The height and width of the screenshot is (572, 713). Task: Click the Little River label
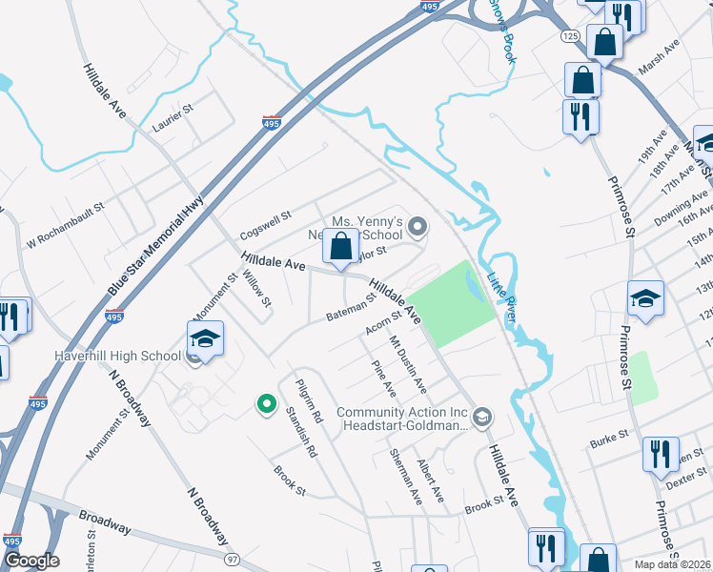(x=500, y=298)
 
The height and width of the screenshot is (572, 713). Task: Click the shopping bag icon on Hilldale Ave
(x=340, y=247)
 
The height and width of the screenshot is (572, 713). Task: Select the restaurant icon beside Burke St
(x=660, y=456)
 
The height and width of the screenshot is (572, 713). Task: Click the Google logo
(x=31, y=560)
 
